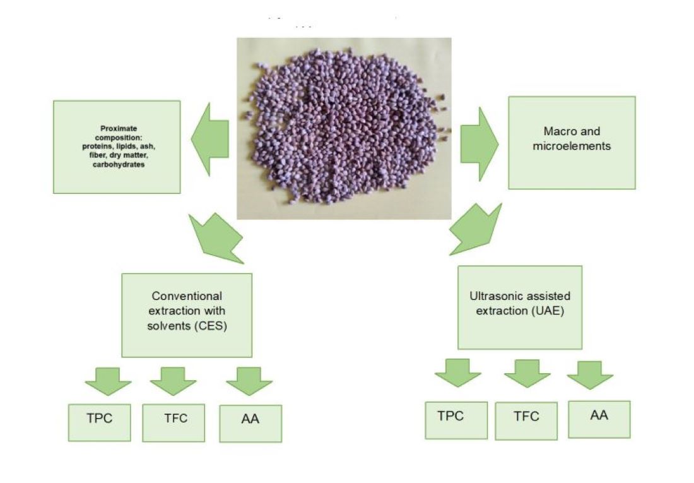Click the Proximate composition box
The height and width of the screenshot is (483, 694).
[x=117, y=146]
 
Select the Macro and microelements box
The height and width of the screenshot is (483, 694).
[x=572, y=143]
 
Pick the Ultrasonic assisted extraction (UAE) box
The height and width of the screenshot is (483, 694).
[x=520, y=307]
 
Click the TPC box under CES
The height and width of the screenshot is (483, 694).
[x=98, y=422]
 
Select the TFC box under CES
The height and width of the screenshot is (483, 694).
[x=173, y=422]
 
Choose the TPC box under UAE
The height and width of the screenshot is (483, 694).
[x=456, y=420]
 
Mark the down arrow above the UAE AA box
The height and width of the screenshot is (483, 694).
[x=590, y=374]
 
